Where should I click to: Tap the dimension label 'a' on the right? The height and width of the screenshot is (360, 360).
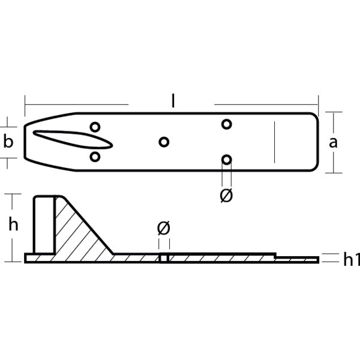point(334,142)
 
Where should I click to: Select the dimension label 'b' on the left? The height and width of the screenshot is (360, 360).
point(8,142)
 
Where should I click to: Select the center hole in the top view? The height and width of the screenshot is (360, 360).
point(164,142)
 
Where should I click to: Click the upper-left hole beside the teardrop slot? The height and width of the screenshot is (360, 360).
point(95,127)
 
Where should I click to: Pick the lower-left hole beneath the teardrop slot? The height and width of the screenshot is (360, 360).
point(95,157)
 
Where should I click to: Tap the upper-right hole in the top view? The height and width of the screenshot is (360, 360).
point(226,124)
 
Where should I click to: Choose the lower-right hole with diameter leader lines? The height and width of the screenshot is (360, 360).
point(226,160)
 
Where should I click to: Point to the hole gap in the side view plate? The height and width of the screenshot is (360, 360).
point(163,259)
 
